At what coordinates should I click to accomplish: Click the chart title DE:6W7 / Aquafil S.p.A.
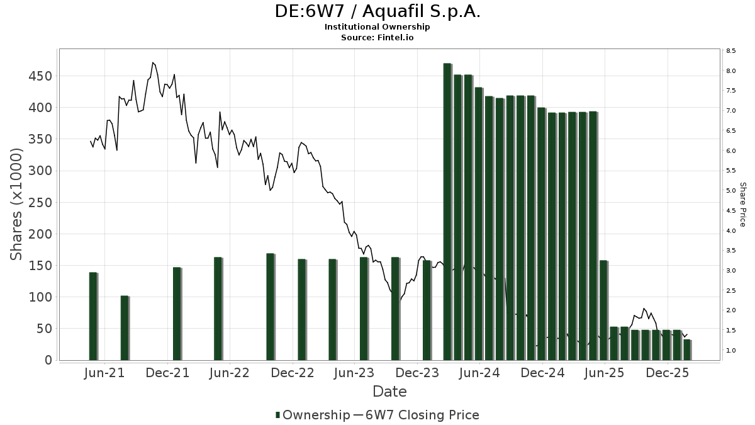(x=377, y=11)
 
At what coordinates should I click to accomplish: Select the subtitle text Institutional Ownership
(x=377, y=27)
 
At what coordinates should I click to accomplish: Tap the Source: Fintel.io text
(x=377, y=38)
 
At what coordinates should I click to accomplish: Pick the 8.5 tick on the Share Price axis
(x=730, y=51)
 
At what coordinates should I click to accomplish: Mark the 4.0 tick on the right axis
(x=730, y=231)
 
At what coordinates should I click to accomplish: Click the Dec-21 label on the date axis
(x=167, y=373)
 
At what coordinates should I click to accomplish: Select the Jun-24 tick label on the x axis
(x=479, y=373)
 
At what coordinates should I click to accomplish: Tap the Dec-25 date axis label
(x=668, y=373)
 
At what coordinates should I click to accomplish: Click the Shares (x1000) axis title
(x=17, y=205)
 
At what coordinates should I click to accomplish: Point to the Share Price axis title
(x=742, y=205)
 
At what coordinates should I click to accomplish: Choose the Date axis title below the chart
(x=389, y=392)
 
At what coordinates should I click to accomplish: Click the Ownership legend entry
(x=313, y=415)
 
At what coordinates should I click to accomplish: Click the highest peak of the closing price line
(x=153, y=63)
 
